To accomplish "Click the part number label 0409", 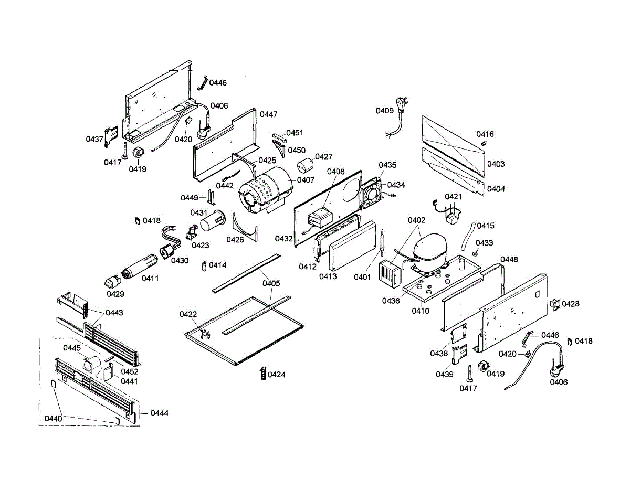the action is [384, 111].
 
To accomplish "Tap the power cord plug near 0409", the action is [402, 105].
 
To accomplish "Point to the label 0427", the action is [323, 157].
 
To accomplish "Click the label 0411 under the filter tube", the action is [150, 278].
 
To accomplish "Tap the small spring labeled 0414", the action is [204, 266].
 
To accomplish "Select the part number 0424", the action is [276, 375].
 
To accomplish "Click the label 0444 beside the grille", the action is [160, 413].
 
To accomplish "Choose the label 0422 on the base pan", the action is [188, 314].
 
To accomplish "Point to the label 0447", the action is [268, 114].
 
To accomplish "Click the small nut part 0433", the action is [475, 254].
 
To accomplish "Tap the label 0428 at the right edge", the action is [570, 304].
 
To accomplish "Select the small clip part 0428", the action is [554, 305].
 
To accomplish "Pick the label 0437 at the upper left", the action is [94, 140].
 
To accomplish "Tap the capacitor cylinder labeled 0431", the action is [213, 221].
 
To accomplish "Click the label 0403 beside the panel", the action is [496, 164].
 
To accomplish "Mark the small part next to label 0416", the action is [484, 143].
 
